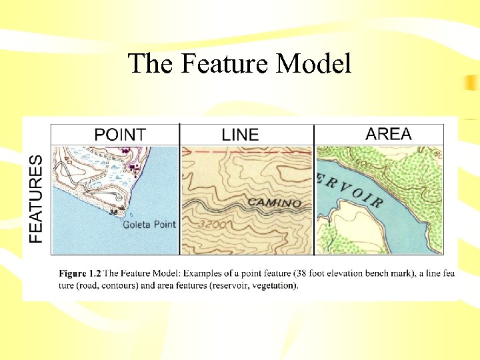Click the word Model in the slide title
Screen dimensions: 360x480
pos(313,63)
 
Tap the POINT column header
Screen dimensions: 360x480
pos(120,134)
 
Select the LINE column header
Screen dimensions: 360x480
pos(240,134)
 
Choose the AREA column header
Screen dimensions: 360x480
pos(389,133)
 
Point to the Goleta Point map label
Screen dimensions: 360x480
pos(149,225)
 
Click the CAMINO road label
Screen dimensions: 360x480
pos(274,202)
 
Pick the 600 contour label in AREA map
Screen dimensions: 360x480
pos(363,165)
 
